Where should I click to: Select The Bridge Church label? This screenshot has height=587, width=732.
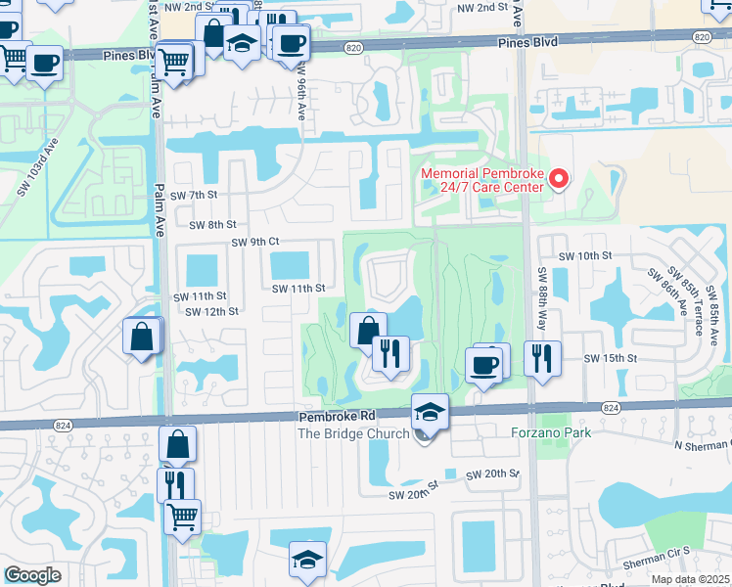coord(350,433)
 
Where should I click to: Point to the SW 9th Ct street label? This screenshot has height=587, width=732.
coord(255,242)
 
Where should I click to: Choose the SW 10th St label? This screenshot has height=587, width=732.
coord(584,255)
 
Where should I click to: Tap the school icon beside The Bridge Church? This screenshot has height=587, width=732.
coord(430,411)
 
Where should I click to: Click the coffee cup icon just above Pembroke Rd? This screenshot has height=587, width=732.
coord(484,364)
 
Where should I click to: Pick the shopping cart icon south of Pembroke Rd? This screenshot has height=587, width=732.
coord(182,515)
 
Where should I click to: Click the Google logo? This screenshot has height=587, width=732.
coord(32,575)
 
